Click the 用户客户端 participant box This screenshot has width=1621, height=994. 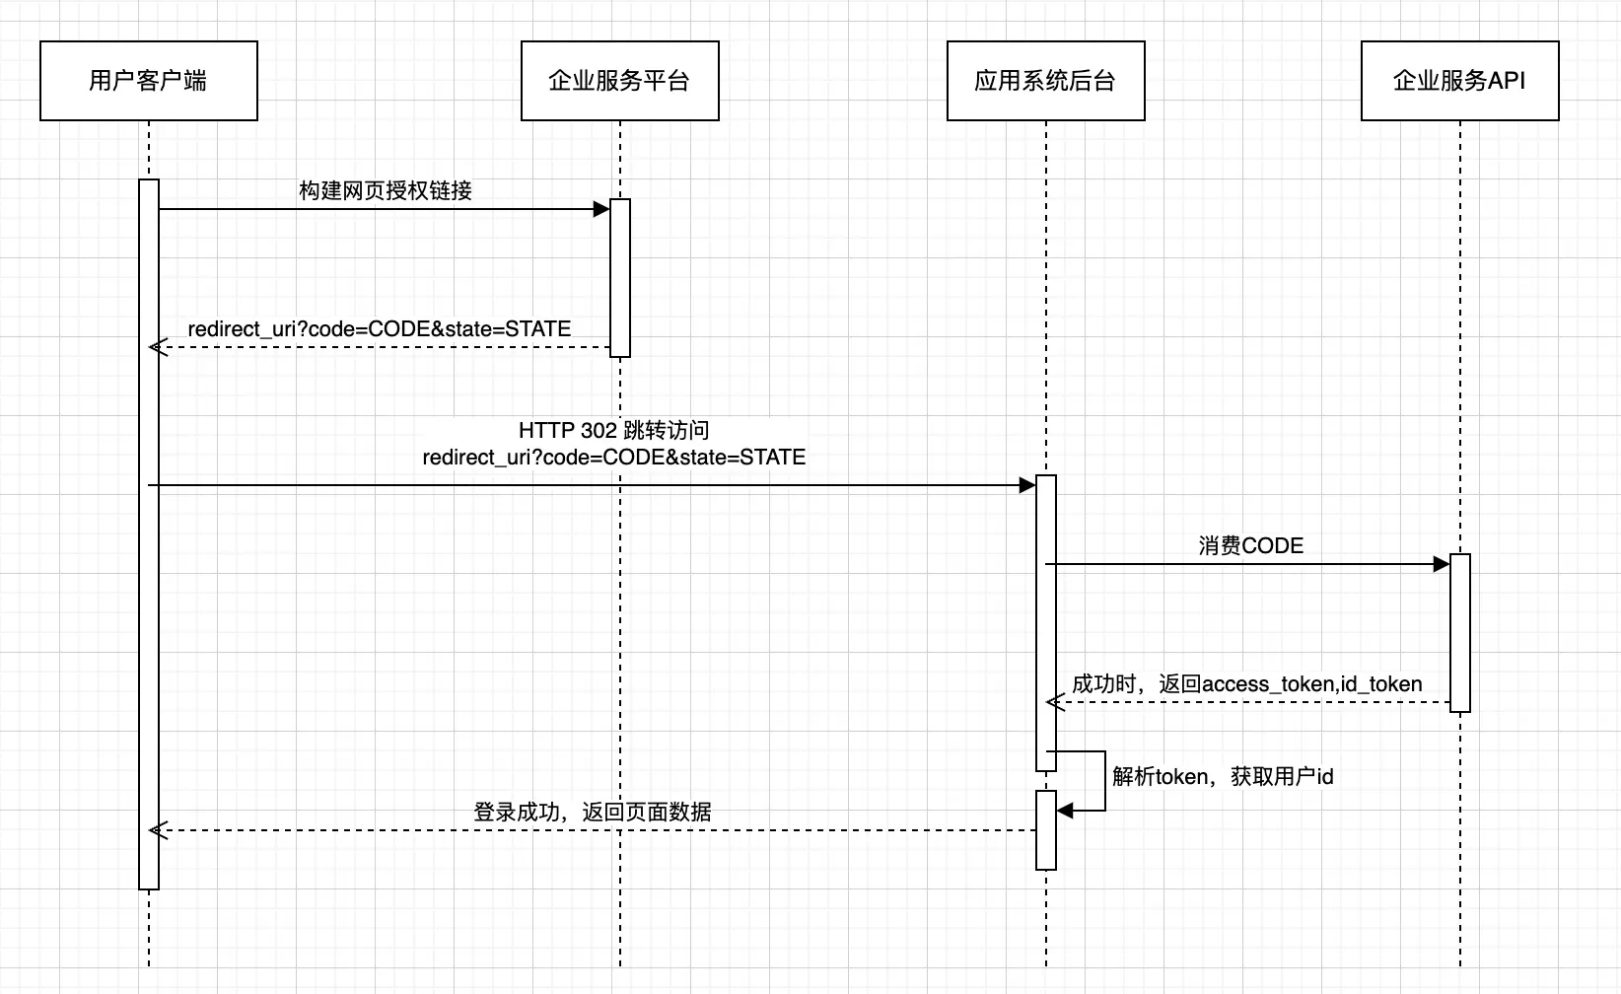148,81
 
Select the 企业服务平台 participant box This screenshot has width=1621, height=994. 619,81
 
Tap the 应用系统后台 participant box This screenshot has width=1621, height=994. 1045,81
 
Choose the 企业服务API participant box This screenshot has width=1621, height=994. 1459,81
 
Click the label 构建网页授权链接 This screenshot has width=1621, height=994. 386,190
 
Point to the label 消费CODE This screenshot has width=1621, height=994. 1250,545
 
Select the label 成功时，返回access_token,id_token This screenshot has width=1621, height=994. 1246,683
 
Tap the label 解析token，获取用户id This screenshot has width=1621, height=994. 1223,776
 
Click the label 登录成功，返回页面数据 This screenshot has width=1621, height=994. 592,812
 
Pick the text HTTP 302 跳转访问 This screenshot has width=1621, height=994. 613,430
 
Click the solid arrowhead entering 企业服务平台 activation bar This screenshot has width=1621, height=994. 600,209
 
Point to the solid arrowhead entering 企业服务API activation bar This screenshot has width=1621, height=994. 1441,564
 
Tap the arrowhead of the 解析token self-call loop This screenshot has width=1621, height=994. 1065,811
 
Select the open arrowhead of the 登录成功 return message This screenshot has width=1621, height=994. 158,830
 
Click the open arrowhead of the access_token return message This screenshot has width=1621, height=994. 1055,702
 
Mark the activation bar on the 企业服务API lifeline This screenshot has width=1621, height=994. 1460,632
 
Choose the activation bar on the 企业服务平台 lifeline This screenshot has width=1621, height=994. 620,278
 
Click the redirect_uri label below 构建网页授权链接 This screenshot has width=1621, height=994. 380,328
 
